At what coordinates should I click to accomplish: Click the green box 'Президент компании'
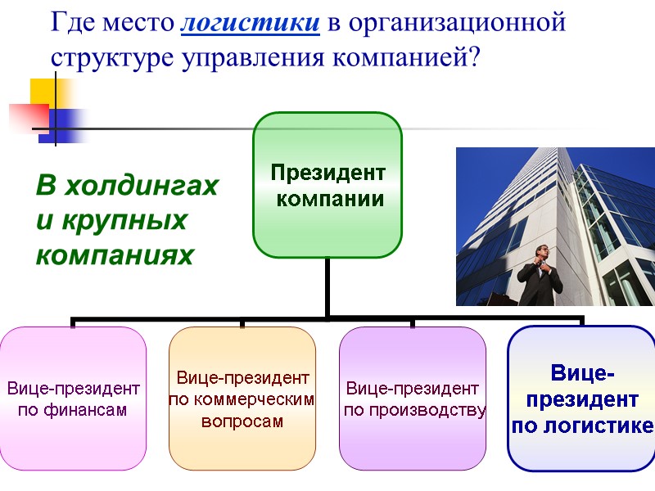[x=327, y=185]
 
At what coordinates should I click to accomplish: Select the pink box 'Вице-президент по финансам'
[x=73, y=398]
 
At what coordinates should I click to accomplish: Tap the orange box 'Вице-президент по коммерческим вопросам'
[x=242, y=398]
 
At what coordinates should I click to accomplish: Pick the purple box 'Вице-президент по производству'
[x=412, y=398]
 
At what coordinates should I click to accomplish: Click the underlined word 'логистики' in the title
[x=249, y=23]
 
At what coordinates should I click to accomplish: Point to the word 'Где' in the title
[x=72, y=23]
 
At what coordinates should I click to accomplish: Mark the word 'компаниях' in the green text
[x=114, y=255]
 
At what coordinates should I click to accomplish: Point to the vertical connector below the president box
[x=327, y=286]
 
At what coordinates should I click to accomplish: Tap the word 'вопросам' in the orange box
[x=242, y=422]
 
